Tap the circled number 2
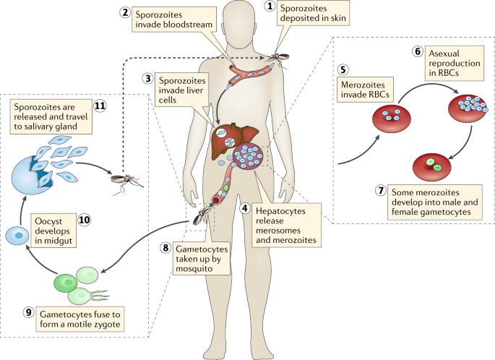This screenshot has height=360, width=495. click(x=126, y=14)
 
